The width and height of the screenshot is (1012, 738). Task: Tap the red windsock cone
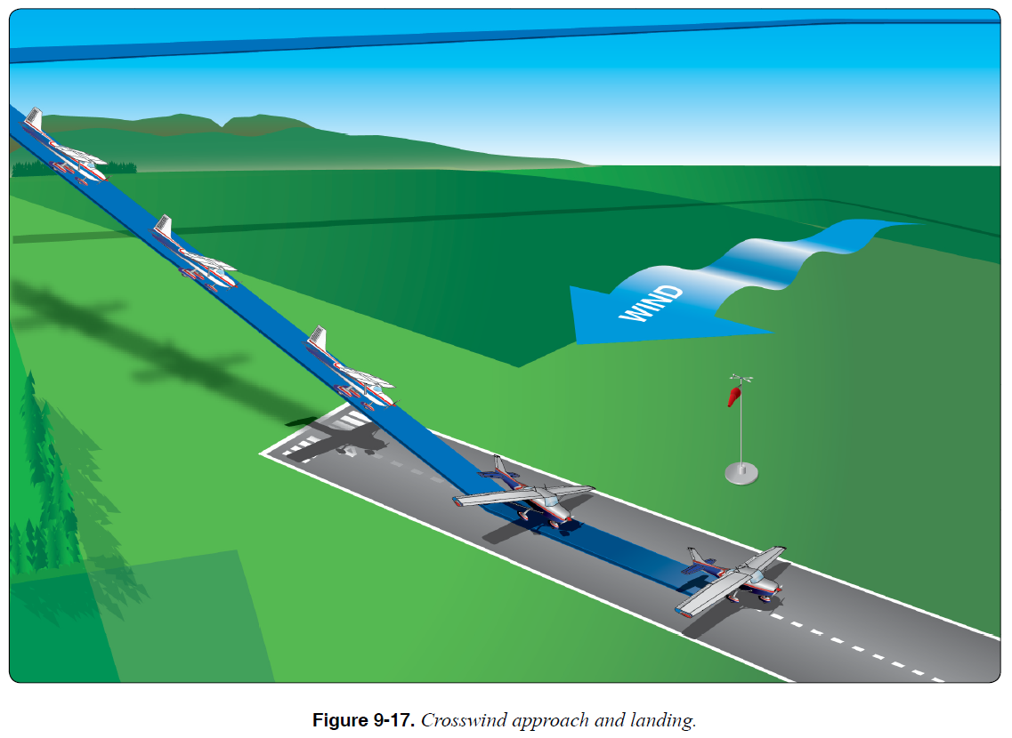click(x=734, y=393)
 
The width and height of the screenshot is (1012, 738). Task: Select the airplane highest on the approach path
click(x=64, y=150)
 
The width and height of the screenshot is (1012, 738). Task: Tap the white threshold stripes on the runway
click(x=307, y=437)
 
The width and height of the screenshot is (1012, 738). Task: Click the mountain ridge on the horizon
click(x=223, y=124)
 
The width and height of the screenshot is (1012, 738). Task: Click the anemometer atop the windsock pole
click(x=741, y=380)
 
